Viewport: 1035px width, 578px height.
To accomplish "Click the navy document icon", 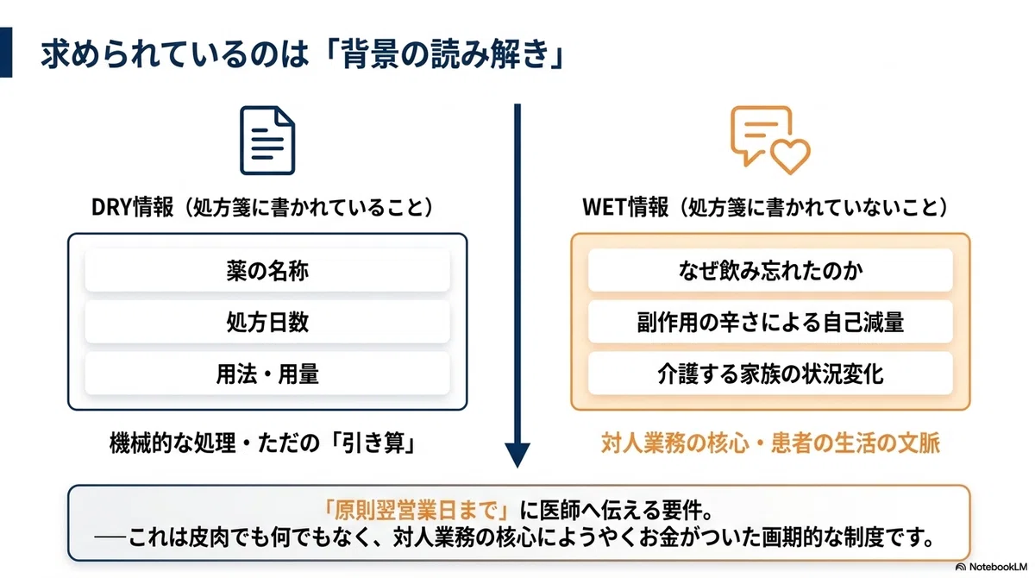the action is tap(267, 141).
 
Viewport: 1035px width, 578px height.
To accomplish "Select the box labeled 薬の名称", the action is tap(267, 270).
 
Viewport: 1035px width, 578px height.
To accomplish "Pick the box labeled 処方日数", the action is tap(267, 322).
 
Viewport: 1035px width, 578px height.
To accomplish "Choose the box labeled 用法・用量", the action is tap(267, 374).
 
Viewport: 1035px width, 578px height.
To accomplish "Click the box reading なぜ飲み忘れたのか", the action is tap(770, 270).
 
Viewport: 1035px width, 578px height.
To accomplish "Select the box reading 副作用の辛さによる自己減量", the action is tap(770, 322).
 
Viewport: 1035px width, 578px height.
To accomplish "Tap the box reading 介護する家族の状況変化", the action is tap(770, 374).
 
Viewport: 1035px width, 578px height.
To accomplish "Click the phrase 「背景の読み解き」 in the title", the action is tap(436, 54).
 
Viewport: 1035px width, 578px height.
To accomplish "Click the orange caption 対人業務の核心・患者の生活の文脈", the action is tap(770, 443).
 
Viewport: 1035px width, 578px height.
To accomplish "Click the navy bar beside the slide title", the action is tap(6, 53).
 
